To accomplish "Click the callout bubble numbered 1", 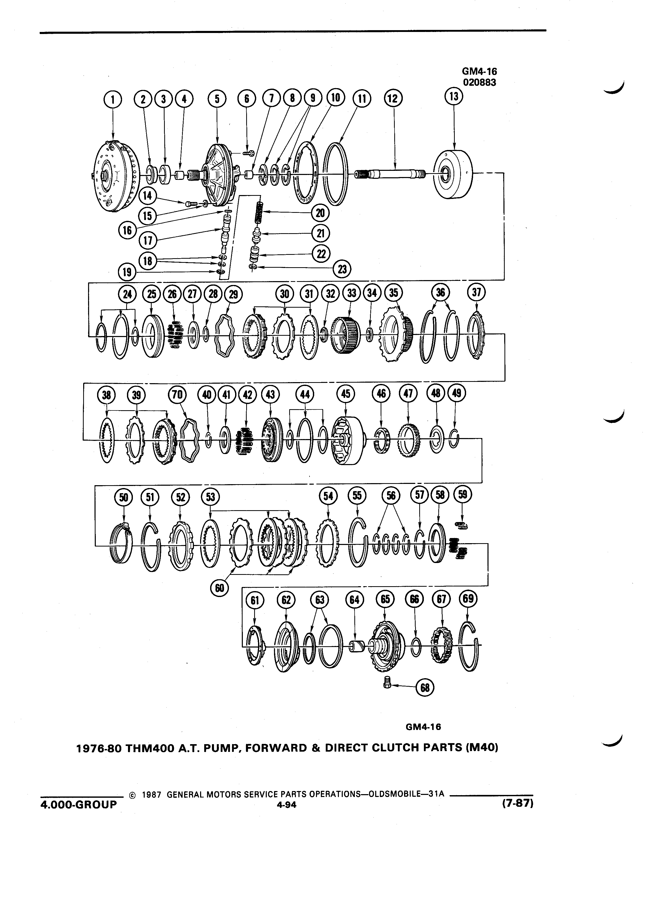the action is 113,99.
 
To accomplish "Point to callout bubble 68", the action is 425,687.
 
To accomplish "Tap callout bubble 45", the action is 346,394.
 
